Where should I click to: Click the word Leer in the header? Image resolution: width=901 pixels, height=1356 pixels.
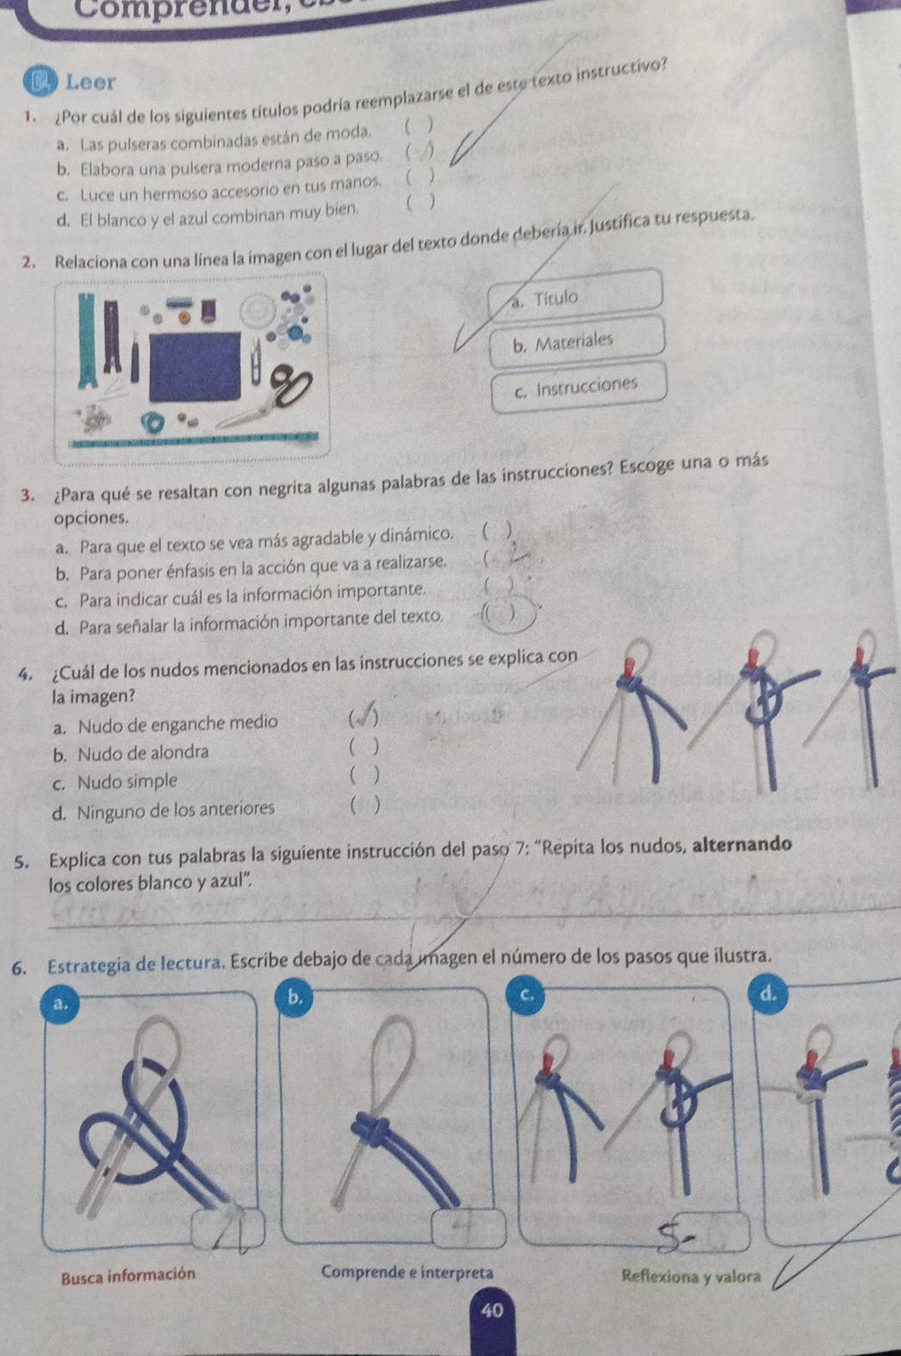click(x=90, y=83)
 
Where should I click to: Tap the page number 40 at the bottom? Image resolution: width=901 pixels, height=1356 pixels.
click(x=492, y=1310)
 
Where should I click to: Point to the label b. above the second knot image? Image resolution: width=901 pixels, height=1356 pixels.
click(x=295, y=998)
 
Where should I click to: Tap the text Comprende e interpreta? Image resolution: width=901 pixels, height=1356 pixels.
click(x=407, y=1272)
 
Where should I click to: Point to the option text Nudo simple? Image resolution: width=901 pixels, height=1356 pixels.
click(x=126, y=781)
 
